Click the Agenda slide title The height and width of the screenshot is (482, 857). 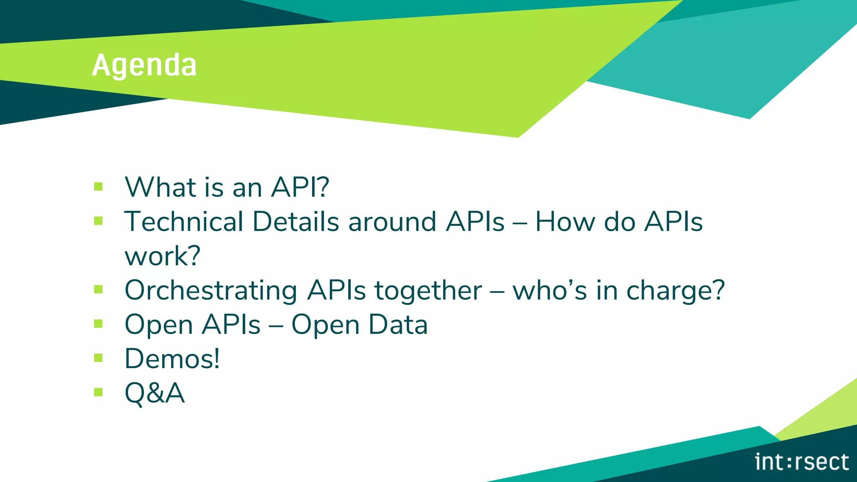[x=144, y=65]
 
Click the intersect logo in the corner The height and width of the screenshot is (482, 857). [x=801, y=462]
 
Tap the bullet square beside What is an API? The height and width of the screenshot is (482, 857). [x=98, y=187]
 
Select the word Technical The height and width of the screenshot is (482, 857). [x=184, y=221]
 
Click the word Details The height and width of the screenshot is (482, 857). [x=295, y=221]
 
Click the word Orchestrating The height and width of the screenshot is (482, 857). [x=211, y=290]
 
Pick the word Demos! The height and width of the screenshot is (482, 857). [x=172, y=359]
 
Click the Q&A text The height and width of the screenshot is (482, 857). [x=154, y=393]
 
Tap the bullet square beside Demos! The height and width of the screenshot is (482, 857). [x=98, y=358]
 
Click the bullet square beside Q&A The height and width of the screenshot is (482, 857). [x=98, y=392]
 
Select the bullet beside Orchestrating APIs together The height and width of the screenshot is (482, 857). [x=98, y=289]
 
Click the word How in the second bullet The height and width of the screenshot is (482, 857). [x=564, y=221]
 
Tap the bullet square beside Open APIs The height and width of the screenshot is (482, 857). [x=98, y=323]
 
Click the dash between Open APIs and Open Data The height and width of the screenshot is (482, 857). [x=275, y=326]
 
